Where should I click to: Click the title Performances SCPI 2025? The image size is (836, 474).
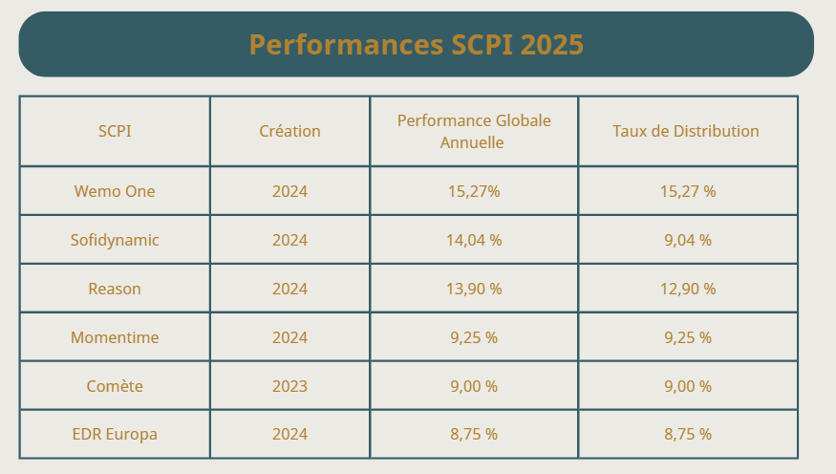click(x=416, y=45)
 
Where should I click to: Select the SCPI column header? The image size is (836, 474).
click(x=115, y=131)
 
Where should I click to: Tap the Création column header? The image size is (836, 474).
click(x=289, y=131)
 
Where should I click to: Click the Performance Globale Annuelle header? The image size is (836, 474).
click(x=474, y=131)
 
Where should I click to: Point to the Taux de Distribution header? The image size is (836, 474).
click(x=686, y=131)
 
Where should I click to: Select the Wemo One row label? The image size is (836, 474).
click(x=115, y=191)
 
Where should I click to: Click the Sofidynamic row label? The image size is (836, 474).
click(x=115, y=240)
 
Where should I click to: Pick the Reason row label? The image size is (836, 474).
click(x=115, y=289)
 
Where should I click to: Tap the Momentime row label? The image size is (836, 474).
click(x=115, y=337)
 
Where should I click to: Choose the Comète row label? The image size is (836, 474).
click(x=115, y=386)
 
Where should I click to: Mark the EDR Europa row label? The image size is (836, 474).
click(x=115, y=434)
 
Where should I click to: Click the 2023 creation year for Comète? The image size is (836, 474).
click(x=289, y=386)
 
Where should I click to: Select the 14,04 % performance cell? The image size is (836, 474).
click(x=474, y=240)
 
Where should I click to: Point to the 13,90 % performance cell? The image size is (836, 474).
click(x=474, y=289)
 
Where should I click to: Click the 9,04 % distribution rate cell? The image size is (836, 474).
click(x=688, y=240)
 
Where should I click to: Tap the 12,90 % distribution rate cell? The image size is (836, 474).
click(x=688, y=289)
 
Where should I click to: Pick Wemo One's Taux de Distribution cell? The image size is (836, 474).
click(x=688, y=191)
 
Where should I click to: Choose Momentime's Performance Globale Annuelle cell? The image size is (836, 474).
click(x=474, y=337)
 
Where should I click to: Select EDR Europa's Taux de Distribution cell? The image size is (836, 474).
click(x=688, y=434)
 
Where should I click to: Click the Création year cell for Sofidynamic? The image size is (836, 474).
click(x=289, y=240)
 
